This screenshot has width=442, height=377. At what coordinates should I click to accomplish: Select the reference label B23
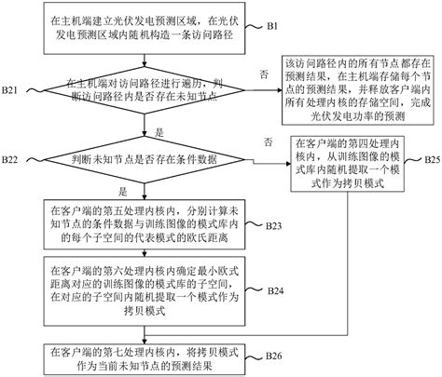point(276,226)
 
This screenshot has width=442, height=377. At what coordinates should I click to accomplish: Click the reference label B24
point(276,290)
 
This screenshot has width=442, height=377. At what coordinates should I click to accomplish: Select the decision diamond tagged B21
point(136,97)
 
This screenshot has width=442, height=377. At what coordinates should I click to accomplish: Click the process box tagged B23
point(136,224)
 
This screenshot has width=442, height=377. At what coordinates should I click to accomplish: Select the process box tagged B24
point(136,292)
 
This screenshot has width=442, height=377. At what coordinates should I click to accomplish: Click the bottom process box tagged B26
point(136,355)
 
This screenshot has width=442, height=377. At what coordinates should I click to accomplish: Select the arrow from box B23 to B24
point(136,256)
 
